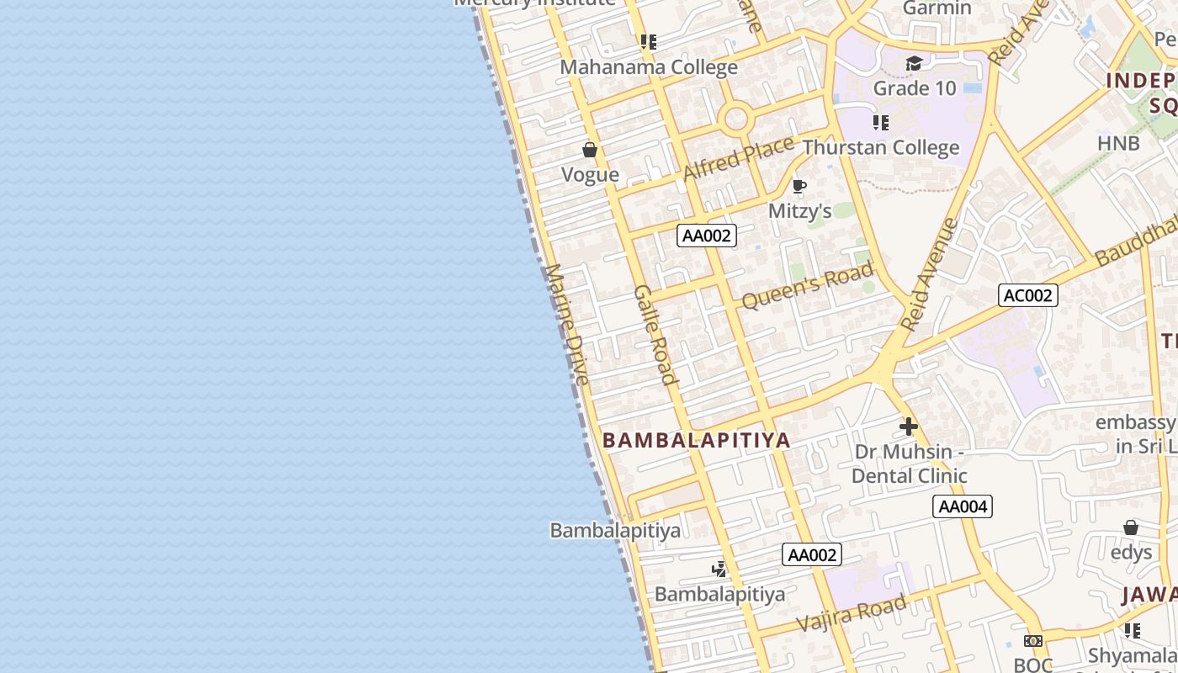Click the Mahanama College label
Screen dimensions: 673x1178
tap(649, 67)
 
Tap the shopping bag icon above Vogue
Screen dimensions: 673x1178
tap(590, 151)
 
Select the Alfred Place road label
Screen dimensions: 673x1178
tap(738, 158)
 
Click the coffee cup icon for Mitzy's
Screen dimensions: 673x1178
tap(799, 186)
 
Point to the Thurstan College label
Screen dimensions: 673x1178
tap(881, 148)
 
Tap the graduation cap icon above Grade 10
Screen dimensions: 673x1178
tap(914, 63)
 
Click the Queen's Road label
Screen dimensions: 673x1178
tap(808, 286)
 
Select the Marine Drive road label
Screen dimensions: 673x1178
tap(567, 325)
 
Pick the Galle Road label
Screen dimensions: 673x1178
tap(655, 334)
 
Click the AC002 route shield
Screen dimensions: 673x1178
tap(1027, 295)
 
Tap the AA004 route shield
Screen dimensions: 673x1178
tap(963, 506)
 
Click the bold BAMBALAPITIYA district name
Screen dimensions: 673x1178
tap(697, 440)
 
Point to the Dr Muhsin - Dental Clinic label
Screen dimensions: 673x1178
tap(909, 464)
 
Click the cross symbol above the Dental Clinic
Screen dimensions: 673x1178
tap(909, 427)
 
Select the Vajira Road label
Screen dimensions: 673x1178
tap(852, 612)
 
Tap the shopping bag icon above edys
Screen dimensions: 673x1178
tap(1131, 527)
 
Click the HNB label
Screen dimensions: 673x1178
tap(1118, 144)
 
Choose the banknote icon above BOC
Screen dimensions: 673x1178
tap(1033, 641)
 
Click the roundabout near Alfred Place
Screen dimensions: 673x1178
tap(736, 119)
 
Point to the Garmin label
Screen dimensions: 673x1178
tap(937, 8)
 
